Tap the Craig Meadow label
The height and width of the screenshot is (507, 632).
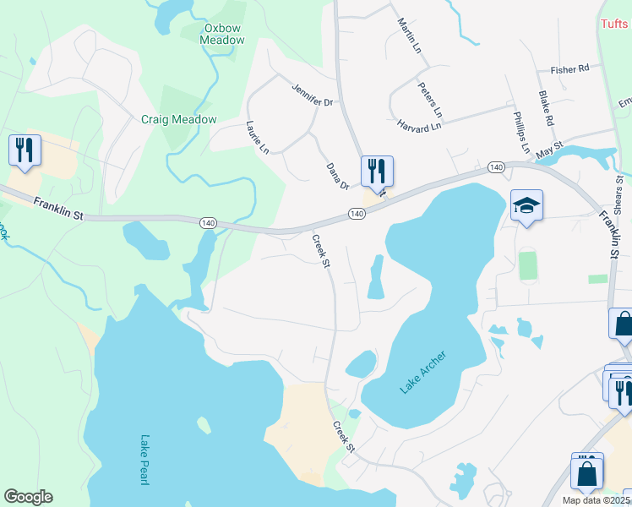pos(178,120)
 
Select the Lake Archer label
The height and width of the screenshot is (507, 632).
pos(422,371)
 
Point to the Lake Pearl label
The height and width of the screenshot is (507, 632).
pos(144,460)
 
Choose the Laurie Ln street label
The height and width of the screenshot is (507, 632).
pos(257,138)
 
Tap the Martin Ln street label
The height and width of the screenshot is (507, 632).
pos(409,35)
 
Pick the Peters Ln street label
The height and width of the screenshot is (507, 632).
pos(430,99)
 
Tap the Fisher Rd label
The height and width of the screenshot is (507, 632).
pos(569,69)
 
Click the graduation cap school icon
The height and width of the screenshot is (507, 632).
pos(526,205)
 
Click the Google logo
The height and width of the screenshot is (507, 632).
pos(28,497)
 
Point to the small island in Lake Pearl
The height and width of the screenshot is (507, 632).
pos(204,425)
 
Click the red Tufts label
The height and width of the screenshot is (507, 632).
pos(614,25)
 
